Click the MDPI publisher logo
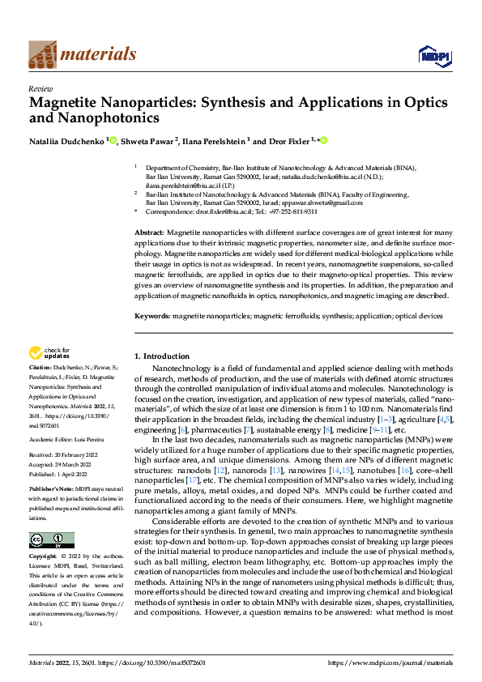[x=429, y=55]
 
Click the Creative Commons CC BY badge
[x=51, y=540]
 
